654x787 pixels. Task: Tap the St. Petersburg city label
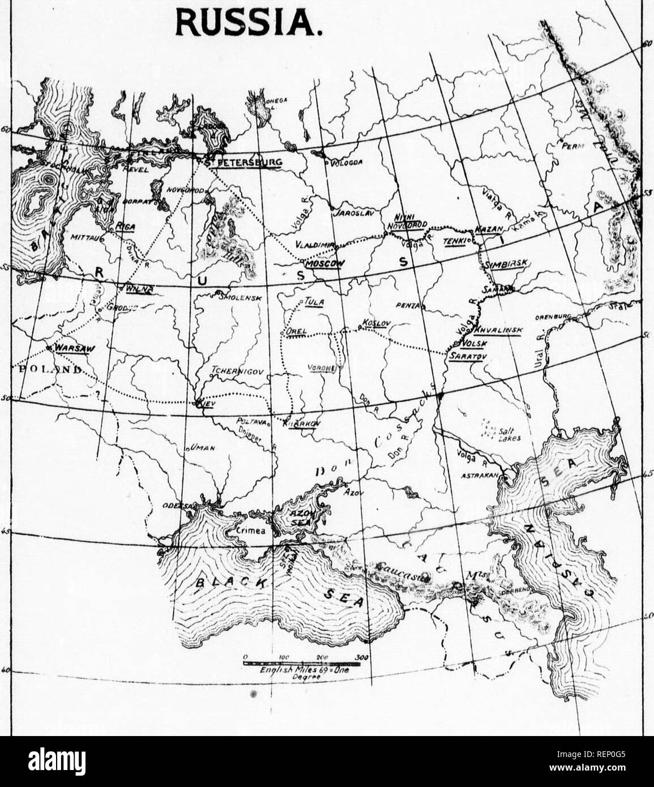click(x=244, y=163)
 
